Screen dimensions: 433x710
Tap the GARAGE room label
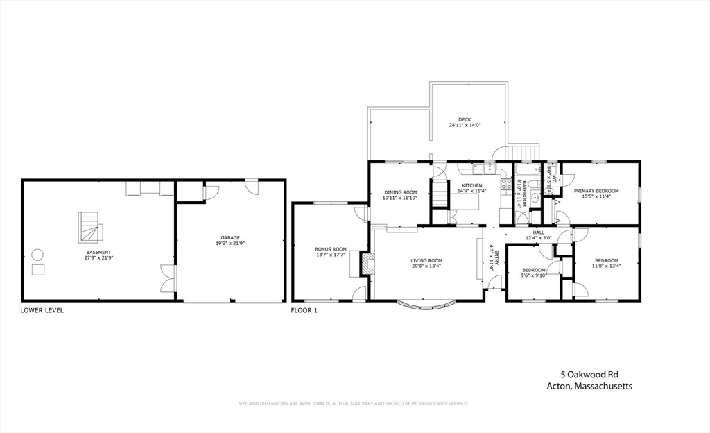coord(231,238)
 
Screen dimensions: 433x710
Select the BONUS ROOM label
coord(330,249)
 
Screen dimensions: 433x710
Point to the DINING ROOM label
coord(399,192)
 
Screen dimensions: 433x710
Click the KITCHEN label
coord(472,185)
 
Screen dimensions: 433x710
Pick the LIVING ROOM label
coord(426,260)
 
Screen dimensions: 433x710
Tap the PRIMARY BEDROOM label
coord(596,191)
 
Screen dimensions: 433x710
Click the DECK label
coord(465,120)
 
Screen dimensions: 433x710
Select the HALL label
coord(538,232)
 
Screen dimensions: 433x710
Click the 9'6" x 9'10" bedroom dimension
coord(534,275)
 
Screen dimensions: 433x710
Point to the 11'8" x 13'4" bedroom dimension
coord(606,266)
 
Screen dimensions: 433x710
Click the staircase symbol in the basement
coord(89,228)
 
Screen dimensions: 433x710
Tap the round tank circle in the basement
coord(37,254)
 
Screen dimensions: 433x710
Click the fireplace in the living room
coord(365,263)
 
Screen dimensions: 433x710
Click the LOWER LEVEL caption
coord(42,310)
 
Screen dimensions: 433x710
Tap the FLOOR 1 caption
coord(304,310)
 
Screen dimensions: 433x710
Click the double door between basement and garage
coord(166,278)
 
